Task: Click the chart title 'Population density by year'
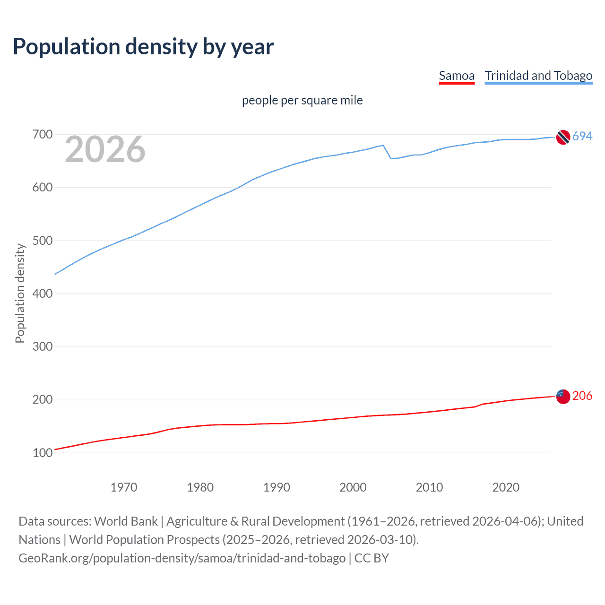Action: pos(143,47)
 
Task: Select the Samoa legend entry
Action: pos(457,76)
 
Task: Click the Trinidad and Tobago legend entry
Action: pos(538,76)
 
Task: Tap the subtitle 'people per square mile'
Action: pos(302,100)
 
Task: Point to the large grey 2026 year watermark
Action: pos(105,150)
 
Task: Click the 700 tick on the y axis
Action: pos(42,135)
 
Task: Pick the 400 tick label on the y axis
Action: pos(42,294)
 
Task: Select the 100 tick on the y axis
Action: pos(42,453)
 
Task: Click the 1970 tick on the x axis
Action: pos(124,487)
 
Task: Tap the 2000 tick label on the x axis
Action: pos(353,487)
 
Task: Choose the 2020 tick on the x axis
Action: pos(506,487)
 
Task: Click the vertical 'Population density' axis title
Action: pos(20,293)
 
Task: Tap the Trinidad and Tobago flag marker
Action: pos(563,137)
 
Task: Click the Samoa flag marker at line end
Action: pos(563,397)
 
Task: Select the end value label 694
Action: pos(582,136)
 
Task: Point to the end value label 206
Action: pos(582,396)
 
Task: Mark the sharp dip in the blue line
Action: pos(391,158)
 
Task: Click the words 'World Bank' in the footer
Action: pos(126,521)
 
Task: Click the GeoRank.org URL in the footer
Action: pos(182,558)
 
